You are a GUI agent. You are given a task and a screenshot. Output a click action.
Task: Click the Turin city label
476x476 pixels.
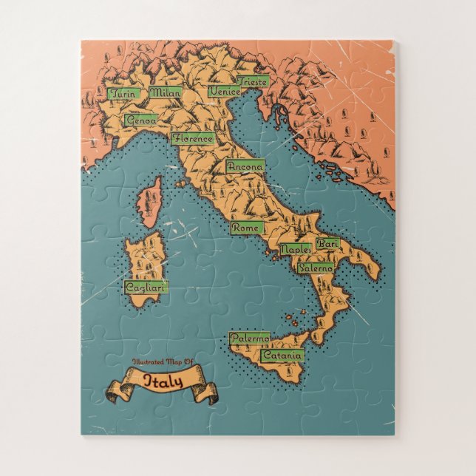(123, 94)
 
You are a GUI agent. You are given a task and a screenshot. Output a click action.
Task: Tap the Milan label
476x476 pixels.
(166, 93)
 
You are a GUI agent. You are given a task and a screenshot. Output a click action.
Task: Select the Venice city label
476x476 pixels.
(224, 91)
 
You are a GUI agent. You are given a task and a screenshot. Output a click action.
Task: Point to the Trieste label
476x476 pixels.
(253, 81)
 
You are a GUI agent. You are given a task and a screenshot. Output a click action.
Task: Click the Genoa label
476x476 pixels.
(141, 119)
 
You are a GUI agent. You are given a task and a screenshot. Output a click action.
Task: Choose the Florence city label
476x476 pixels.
(193, 138)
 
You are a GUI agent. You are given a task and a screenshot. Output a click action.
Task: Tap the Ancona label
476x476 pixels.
(245, 167)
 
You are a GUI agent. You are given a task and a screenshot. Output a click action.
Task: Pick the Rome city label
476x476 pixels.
(245, 228)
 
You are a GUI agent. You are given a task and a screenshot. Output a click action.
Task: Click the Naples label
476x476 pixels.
(295, 249)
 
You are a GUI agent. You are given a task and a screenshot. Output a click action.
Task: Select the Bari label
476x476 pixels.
(327, 242)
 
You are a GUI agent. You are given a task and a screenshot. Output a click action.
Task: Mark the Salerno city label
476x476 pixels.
(316, 268)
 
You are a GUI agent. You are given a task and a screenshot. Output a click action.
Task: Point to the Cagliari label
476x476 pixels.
(145, 287)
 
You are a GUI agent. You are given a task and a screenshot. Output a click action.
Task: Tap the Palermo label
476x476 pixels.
(248, 339)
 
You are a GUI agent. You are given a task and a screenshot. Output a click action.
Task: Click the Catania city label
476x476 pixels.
(282, 356)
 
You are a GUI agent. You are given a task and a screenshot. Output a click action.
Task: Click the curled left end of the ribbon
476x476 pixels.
(117, 392)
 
